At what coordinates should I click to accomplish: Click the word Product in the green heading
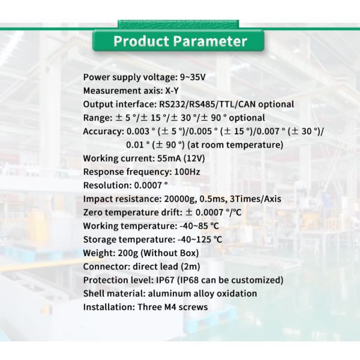coord(142,41)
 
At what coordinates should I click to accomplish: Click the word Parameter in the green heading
coord(210,41)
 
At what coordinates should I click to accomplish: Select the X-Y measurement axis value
coord(172,91)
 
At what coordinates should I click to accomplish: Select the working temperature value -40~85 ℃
coord(195,226)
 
